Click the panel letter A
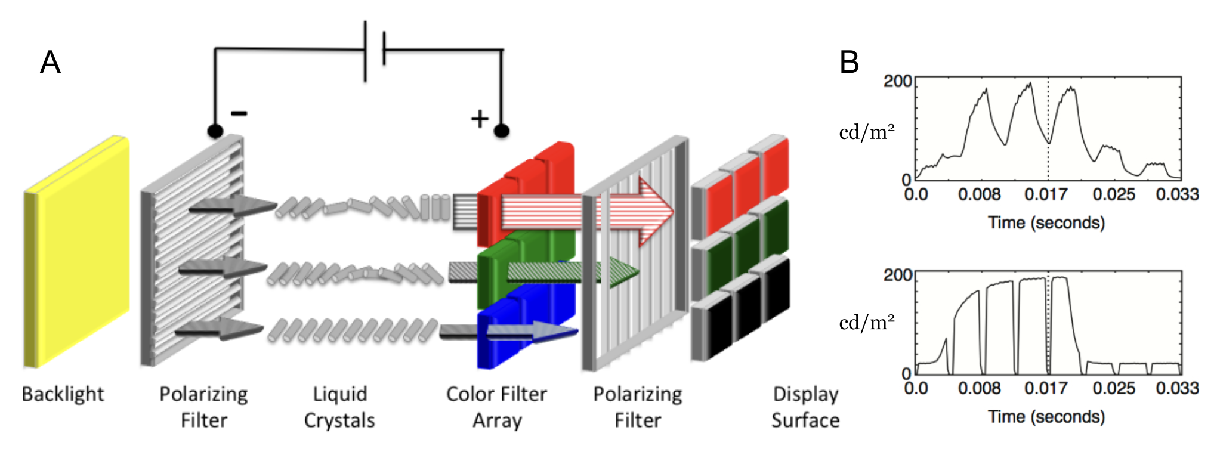pyautogui.click(x=50, y=62)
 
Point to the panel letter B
pyautogui.click(x=849, y=62)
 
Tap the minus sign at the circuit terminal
pyautogui.click(x=239, y=113)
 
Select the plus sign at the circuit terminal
pyautogui.click(x=480, y=119)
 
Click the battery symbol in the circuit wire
pyautogui.click(x=375, y=50)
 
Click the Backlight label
pyautogui.click(x=63, y=394)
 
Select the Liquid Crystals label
pyautogui.click(x=339, y=407)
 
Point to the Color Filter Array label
pyautogui.click(x=496, y=407)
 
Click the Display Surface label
pyautogui.click(x=805, y=407)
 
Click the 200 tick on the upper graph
pyautogui.click(x=897, y=81)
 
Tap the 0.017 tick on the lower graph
pyautogui.click(x=1046, y=388)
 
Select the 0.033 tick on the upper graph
pyautogui.click(x=1177, y=194)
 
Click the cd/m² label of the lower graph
pyautogui.click(x=867, y=323)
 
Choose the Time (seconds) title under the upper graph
pyautogui.click(x=1046, y=222)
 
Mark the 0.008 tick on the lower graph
pyautogui.click(x=980, y=388)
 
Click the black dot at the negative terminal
pyautogui.click(x=215, y=131)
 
